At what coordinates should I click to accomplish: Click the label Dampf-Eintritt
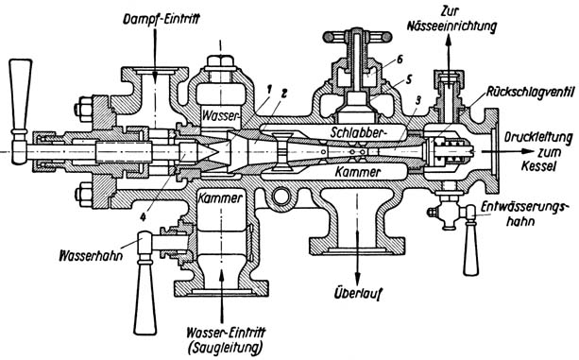click(x=161, y=18)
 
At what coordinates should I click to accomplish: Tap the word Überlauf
click(x=357, y=294)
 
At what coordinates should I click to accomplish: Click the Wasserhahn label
click(x=91, y=255)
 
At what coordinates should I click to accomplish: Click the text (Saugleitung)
click(x=226, y=348)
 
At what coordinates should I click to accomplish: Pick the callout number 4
click(x=143, y=217)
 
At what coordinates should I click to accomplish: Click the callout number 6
click(x=400, y=60)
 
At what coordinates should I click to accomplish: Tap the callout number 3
click(x=417, y=101)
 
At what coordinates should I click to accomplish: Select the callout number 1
click(x=269, y=89)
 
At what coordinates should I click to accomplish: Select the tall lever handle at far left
click(x=20, y=111)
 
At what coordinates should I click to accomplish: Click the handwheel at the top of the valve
click(x=357, y=36)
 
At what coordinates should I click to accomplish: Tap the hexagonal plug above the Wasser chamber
click(x=220, y=62)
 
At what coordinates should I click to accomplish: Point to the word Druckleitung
click(x=538, y=138)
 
